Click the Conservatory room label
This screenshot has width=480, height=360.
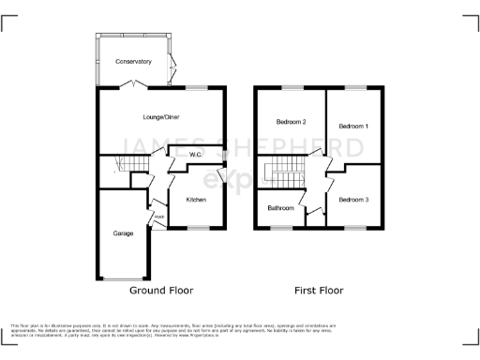coord(133,62)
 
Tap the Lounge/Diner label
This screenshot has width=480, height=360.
coord(159,117)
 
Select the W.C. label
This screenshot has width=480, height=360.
coord(196,154)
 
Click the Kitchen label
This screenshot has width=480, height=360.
coord(195,200)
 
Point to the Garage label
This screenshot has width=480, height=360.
coord(123,232)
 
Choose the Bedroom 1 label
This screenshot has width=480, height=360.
coord(353,126)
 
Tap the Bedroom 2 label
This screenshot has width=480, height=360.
coord(291,122)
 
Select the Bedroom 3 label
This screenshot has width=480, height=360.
coord(353,200)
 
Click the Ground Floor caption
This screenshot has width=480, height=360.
coord(161,291)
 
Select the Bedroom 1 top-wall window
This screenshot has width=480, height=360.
coord(354,87)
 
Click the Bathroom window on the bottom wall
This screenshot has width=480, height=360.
coord(278,228)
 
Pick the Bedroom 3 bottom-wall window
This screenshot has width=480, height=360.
coord(354,228)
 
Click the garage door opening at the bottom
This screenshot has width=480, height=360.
coord(121,279)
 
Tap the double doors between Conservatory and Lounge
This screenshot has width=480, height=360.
coord(137,86)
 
